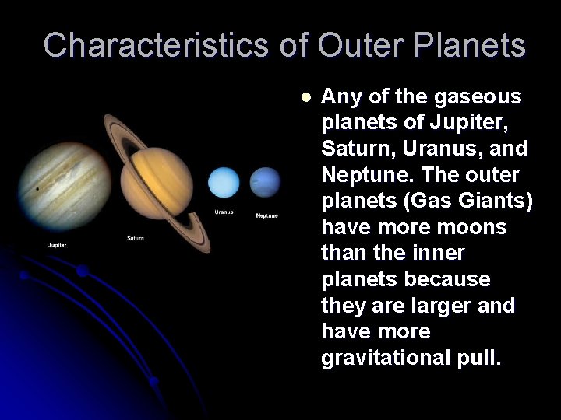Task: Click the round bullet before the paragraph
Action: [x=306, y=98]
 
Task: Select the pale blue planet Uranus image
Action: [x=224, y=184]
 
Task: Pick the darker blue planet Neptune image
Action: [x=265, y=183]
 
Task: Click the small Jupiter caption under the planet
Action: [x=56, y=246]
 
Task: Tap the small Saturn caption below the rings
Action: [x=136, y=238]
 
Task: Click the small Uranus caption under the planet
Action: [x=224, y=212]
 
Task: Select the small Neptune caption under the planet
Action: [x=266, y=215]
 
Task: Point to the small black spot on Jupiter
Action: [x=37, y=188]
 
